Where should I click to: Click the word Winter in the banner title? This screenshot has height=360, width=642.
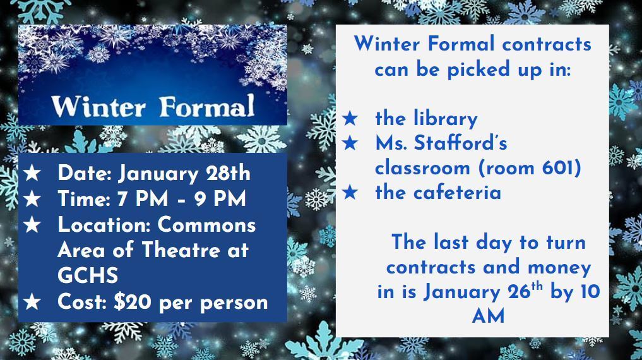point(98,107)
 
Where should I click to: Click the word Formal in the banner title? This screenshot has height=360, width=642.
point(207,105)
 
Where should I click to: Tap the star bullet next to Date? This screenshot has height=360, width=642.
point(32,173)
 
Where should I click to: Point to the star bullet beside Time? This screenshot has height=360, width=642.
point(32,199)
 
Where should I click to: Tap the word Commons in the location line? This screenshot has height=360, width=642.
point(207,225)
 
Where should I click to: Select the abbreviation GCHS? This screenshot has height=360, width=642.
point(88,275)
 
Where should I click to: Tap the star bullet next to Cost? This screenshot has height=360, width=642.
point(32,302)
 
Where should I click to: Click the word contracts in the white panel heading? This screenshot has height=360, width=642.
point(547,44)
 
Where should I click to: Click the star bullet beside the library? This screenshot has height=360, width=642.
point(350,119)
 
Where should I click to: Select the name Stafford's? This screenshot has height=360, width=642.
point(461,143)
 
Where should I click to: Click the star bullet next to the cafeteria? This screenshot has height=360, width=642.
point(350,193)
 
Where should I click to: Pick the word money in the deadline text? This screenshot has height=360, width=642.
point(559,268)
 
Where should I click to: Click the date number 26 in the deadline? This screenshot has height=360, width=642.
point(519,292)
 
